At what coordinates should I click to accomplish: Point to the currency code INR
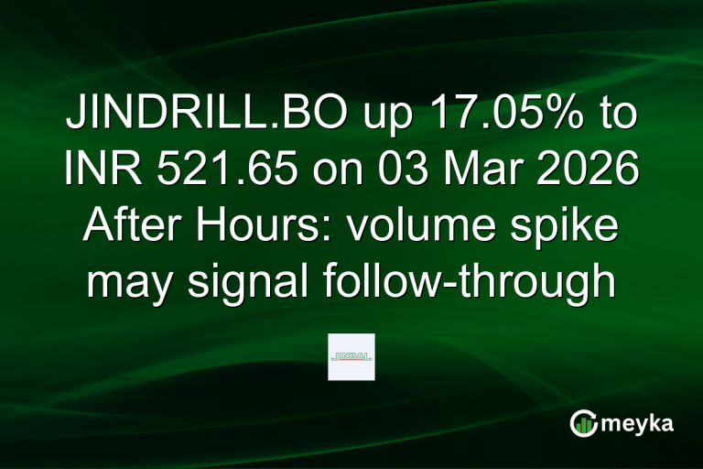pos(92,171)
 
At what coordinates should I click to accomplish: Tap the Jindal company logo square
pos(351,357)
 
